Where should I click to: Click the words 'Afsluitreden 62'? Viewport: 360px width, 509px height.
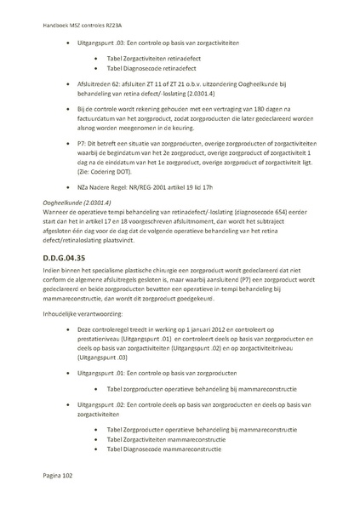pos(97,85)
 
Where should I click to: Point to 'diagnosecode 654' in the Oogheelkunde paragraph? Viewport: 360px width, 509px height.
pos(281,237)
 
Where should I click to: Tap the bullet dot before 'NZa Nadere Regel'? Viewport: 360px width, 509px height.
pos(67,209)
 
